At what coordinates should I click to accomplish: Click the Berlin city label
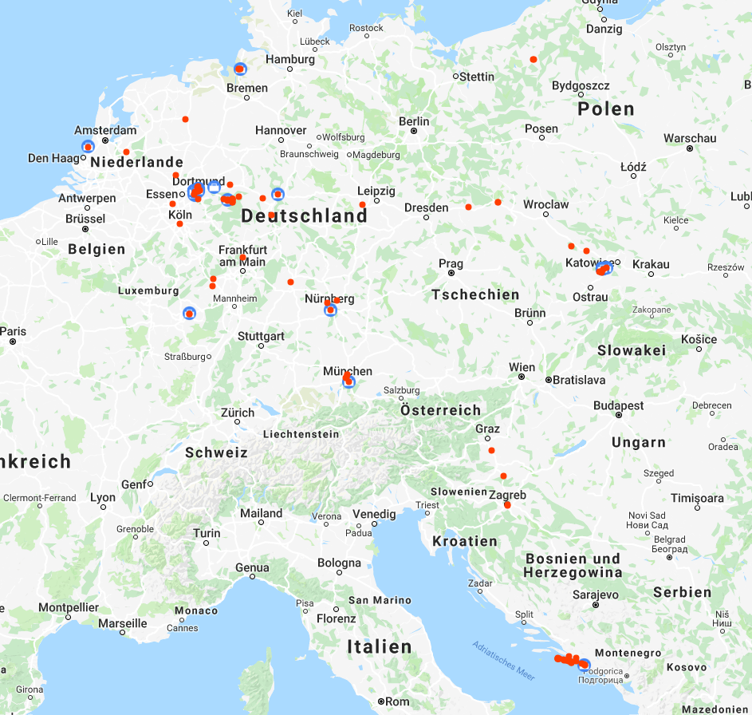click(414, 122)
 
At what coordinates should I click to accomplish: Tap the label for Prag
click(451, 264)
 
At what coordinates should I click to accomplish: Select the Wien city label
click(522, 368)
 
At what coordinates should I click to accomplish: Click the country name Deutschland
click(304, 216)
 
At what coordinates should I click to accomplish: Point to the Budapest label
click(618, 405)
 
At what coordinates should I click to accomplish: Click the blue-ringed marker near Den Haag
click(88, 147)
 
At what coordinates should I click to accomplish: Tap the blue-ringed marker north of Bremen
click(240, 69)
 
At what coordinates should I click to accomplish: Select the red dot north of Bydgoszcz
click(533, 60)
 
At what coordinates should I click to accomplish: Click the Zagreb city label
click(508, 495)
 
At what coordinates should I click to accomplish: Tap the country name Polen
click(606, 109)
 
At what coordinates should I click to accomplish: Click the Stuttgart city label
click(261, 336)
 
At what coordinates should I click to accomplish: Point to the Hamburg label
click(290, 59)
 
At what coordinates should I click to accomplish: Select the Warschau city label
click(689, 138)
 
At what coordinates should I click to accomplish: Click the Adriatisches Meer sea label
click(502, 659)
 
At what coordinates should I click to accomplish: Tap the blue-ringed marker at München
click(348, 382)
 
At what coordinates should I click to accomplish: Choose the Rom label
click(397, 702)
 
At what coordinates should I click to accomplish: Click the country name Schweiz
click(216, 452)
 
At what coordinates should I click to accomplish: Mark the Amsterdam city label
click(105, 130)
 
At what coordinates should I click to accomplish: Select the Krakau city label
click(651, 264)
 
